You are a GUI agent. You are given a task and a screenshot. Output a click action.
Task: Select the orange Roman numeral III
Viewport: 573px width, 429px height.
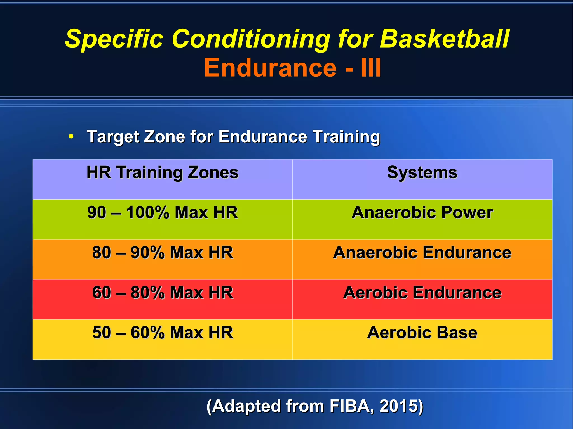[x=371, y=68]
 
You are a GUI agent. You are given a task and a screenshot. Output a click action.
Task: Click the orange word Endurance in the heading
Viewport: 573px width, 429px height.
[x=270, y=68]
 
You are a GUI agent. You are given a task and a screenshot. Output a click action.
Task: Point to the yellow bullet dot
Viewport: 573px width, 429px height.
[x=71, y=137]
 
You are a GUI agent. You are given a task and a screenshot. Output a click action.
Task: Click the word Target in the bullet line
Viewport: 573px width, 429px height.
[x=113, y=137]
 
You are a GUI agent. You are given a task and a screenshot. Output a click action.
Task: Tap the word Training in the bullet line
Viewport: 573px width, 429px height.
[x=346, y=137]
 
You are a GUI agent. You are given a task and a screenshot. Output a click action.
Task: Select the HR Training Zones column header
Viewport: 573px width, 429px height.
[x=162, y=172]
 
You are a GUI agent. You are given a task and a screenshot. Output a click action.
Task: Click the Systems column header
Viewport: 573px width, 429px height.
[x=422, y=172]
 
